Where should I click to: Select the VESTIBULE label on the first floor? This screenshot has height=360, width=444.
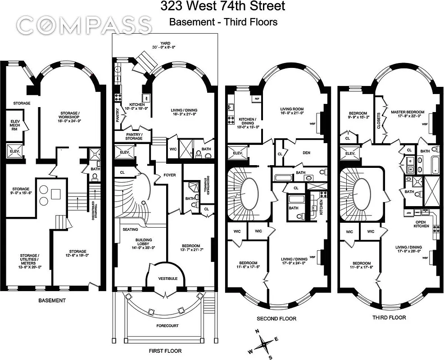(167, 279)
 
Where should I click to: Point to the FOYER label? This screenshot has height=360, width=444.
(169, 175)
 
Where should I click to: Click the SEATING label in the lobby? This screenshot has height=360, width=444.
(130, 229)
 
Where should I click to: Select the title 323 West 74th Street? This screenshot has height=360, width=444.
(222, 7)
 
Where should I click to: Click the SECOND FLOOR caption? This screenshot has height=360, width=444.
(276, 319)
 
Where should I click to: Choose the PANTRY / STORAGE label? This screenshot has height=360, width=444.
(131, 136)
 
